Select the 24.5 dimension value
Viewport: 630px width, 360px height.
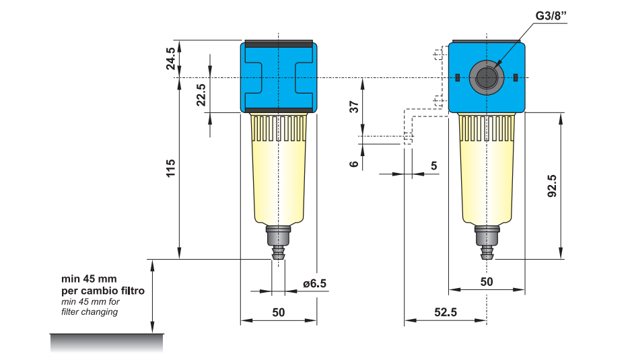[172, 59]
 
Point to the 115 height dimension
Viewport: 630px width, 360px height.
[171, 168]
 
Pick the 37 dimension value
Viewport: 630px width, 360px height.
[354, 107]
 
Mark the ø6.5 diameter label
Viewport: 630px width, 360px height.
[314, 283]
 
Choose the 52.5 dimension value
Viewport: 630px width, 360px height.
[444, 313]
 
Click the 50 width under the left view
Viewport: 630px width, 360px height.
[278, 313]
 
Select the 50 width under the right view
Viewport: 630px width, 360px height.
[487, 281]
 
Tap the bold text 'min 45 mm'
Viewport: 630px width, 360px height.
[89, 279]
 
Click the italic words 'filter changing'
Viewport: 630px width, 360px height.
[90, 312]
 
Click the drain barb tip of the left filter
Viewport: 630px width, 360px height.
[278, 255]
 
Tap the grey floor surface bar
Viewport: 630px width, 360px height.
[106, 343]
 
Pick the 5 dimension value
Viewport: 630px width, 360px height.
[433, 166]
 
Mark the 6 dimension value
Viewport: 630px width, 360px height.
[354, 164]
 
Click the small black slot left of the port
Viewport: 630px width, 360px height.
[457, 77]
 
